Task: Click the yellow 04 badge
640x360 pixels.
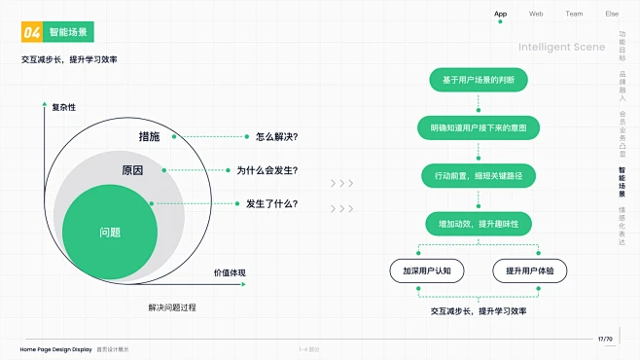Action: pos(32,32)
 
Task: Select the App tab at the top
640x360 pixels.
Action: pos(500,14)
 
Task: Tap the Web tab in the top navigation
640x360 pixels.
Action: pos(536,14)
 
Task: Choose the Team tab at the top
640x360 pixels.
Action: pos(574,14)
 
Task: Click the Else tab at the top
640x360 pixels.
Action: pos(612,14)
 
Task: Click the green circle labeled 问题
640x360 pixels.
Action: pos(110,233)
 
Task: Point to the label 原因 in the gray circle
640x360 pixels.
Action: pos(132,170)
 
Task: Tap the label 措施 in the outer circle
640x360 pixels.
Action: pos(149,136)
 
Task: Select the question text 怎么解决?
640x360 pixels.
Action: pos(276,136)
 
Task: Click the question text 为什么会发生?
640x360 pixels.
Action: pos(267,170)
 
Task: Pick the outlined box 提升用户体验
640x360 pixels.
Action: pos(529,270)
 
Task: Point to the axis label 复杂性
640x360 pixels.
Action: pos(63,107)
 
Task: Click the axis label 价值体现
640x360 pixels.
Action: pos(230,272)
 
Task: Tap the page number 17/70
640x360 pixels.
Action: pos(605,339)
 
